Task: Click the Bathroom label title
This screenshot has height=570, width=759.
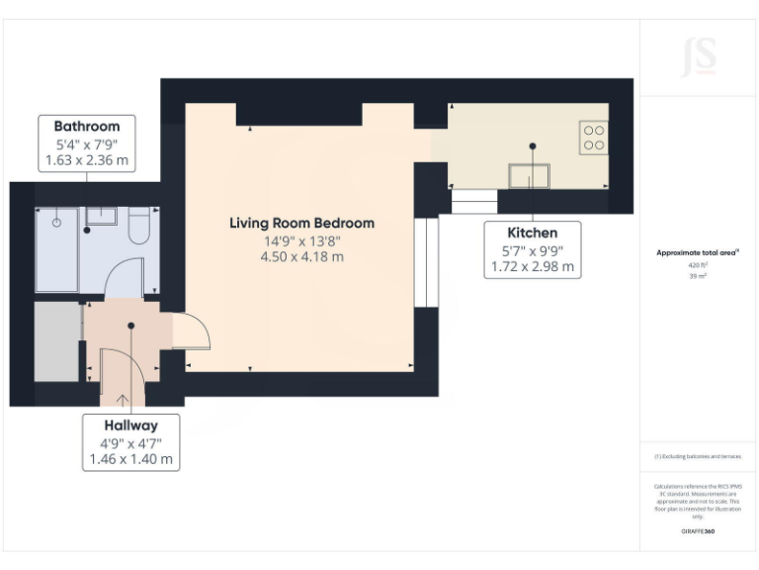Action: [x=87, y=126]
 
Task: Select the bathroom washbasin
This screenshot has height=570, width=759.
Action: [x=100, y=215]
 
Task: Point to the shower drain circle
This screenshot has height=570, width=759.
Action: [x=56, y=223]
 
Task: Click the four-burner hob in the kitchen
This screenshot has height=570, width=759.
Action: [x=594, y=137]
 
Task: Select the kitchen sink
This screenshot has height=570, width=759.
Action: [x=531, y=176]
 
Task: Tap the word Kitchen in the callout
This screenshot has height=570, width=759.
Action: [x=532, y=233]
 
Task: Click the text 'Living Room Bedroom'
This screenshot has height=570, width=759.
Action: [x=301, y=224]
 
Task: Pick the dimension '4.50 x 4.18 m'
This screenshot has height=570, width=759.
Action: [x=301, y=257]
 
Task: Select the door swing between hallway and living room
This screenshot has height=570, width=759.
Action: [x=192, y=332]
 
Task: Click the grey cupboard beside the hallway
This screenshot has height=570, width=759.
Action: [x=57, y=341]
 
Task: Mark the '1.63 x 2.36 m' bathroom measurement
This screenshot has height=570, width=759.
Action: [x=87, y=159]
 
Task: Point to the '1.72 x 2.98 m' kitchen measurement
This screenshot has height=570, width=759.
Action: [x=532, y=266]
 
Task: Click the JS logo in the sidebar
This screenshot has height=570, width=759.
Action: [x=698, y=56]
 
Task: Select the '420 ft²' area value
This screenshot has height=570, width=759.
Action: [x=698, y=266]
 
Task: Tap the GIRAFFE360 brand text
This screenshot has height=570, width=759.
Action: [x=698, y=531]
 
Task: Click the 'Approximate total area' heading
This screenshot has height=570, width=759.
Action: [x=697, y=253]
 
